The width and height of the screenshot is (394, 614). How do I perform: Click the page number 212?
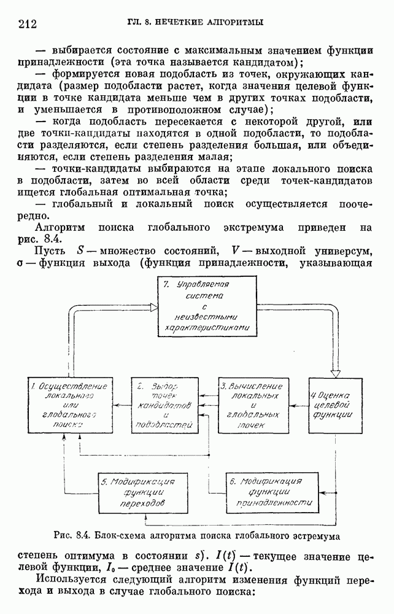pos(28,24)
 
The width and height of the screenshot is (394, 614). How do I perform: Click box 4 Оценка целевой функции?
pos(332,405)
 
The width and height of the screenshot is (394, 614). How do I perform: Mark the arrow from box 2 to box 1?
pos(117,405)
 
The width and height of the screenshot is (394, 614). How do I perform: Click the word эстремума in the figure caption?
pos(315,535)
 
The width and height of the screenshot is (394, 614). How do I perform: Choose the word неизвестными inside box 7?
pos(205,318)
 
